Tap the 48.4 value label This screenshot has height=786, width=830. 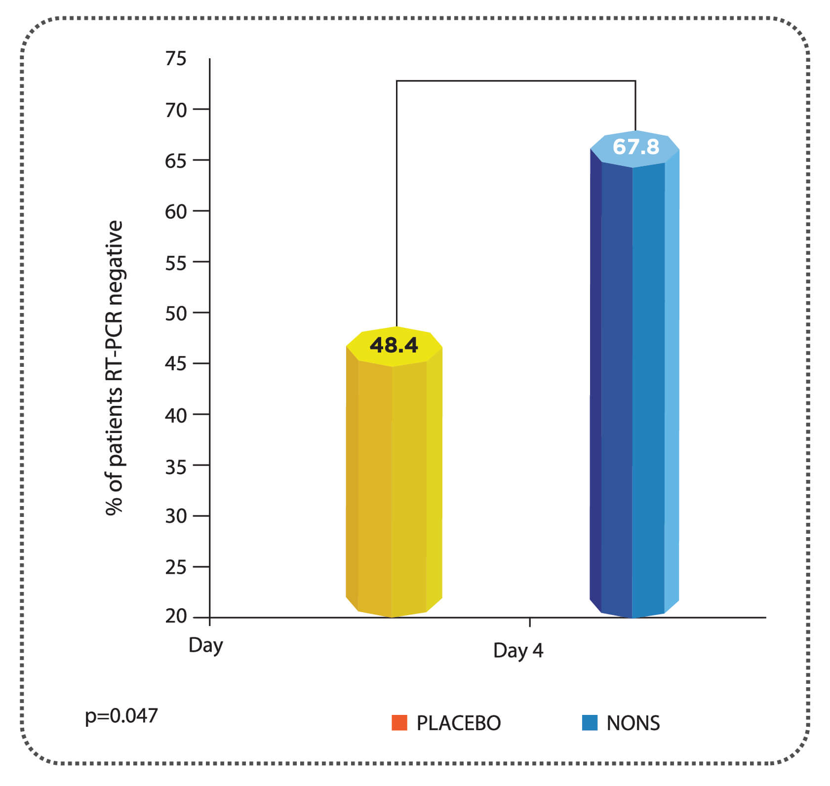[394, 345]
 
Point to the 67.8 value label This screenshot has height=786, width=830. [635, 147]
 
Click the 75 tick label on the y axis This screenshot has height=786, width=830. [176, 59]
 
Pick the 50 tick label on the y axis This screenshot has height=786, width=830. [176, 313]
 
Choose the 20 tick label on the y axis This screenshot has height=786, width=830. [176, 617]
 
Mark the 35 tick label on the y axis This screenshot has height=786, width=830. [176, 466]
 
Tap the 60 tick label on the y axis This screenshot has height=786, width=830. [176, 211]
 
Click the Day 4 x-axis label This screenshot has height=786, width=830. [518, 650]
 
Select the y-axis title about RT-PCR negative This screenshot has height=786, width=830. [114, 368]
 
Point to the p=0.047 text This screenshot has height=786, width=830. [121, 716]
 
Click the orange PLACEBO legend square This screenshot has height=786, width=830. [399, 722]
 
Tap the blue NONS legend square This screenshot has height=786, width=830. [590, 722]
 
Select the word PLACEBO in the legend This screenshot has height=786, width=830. [458, 723]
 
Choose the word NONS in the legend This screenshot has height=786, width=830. [633, 723]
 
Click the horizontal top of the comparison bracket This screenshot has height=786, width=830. [515, 80]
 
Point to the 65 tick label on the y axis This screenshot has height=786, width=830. [176, 160]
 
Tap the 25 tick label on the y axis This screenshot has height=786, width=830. [176, 567]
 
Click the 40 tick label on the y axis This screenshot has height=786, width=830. [176, 415]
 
